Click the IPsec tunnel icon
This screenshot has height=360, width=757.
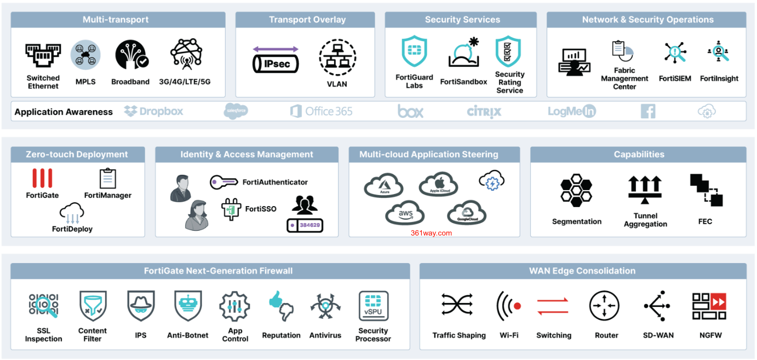click(x=276, y=60)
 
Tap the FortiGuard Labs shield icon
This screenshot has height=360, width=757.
click(x=414, y=52)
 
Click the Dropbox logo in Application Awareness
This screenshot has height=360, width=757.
click(x=153, y=111)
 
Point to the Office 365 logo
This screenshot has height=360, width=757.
click(x=321, y=111)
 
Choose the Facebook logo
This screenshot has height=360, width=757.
click(x=648, y=111)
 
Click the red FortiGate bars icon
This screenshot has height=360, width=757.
click(x=42, y=178)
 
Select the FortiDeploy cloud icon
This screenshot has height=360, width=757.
click(x=72, y=213)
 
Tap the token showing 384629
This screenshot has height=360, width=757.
click(x=305, y=225)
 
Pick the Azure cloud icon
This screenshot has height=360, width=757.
click(x=383, y=185)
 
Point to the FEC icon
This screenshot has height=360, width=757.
click(x=706, y=190)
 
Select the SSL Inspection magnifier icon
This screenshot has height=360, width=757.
click(x=43, y=306)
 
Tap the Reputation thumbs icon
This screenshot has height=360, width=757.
click(x=281, y=306)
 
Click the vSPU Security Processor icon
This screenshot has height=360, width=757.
click(x=373, y=306)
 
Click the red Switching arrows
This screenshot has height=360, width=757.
click(x=554, y=306)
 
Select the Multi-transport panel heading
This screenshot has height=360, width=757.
click(x=116, y=20)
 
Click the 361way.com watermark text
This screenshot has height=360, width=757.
click(x=431, y=233)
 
